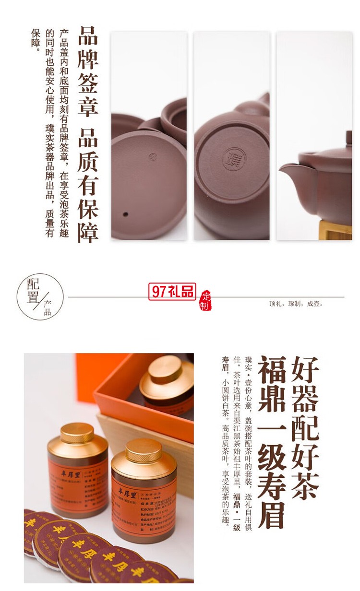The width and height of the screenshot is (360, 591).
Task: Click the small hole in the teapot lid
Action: click(125, 214)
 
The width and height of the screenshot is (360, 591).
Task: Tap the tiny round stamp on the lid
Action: click(153, 156)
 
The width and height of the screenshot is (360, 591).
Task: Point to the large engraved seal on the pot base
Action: click(231, 157)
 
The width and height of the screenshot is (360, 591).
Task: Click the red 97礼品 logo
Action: click(172, 292)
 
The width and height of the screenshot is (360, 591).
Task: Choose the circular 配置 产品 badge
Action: click(40, 296)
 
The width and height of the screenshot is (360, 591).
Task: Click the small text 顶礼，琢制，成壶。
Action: click(296, 304)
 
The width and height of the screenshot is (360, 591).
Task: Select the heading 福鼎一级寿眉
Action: click(272, 441)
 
